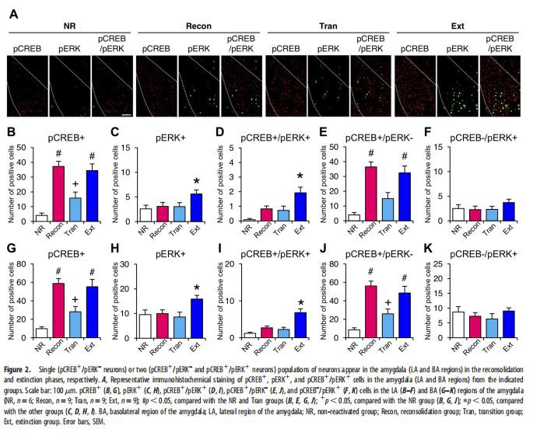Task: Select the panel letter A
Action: coord(14,13)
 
